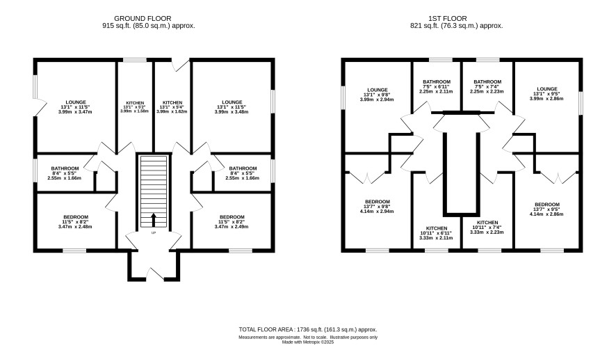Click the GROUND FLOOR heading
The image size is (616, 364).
(143, 19)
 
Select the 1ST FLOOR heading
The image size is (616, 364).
(448, 19)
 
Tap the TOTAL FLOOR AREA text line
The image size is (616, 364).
(308, 329)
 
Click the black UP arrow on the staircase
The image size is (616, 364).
(153, 220)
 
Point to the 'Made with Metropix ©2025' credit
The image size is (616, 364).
(308, 342)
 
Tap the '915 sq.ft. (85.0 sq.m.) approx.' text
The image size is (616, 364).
(149, 26)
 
